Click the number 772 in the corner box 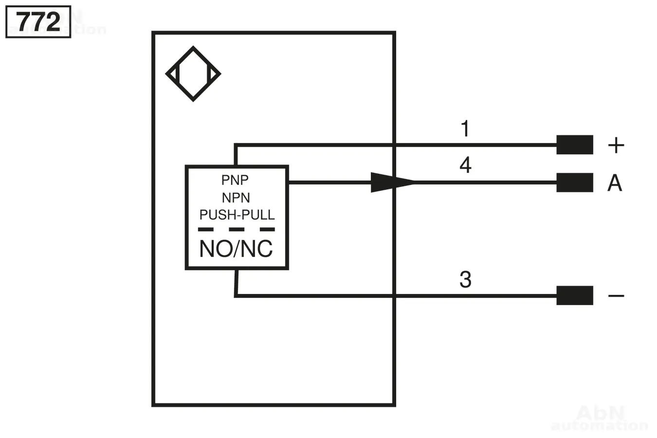coord(38,22)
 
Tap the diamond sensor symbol coord(193,74)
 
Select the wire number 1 coord(465,129)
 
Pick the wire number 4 coord(465,165)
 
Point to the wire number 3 coord(465,280)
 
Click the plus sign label coord(616,145)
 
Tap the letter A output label coord(615,183)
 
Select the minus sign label coord(616,295)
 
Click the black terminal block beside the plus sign coord(575,145)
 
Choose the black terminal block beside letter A coord(575,182)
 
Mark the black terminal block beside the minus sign coord(575,295)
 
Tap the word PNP coord(235,180)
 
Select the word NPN coord(236,198)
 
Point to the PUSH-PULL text coord(237,215)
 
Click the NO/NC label coord(236,249)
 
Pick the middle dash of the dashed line coord(237,230)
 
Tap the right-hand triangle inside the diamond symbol coord(213,74)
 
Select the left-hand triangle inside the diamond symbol coord(174,74)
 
